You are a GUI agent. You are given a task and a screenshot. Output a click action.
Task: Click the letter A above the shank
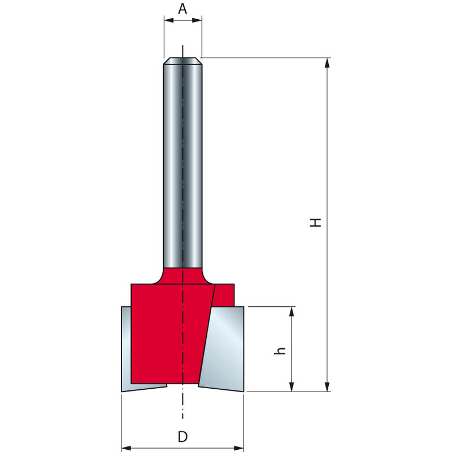pos(182,8)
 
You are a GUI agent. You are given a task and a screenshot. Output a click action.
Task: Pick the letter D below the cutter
pos(182,437)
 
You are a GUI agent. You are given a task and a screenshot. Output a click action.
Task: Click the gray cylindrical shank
pos(182,164)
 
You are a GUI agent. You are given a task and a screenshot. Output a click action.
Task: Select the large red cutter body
pos(167,333)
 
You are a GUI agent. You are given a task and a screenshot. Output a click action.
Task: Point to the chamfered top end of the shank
pos(182,60)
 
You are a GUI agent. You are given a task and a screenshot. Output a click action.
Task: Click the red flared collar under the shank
pos(182,276)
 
